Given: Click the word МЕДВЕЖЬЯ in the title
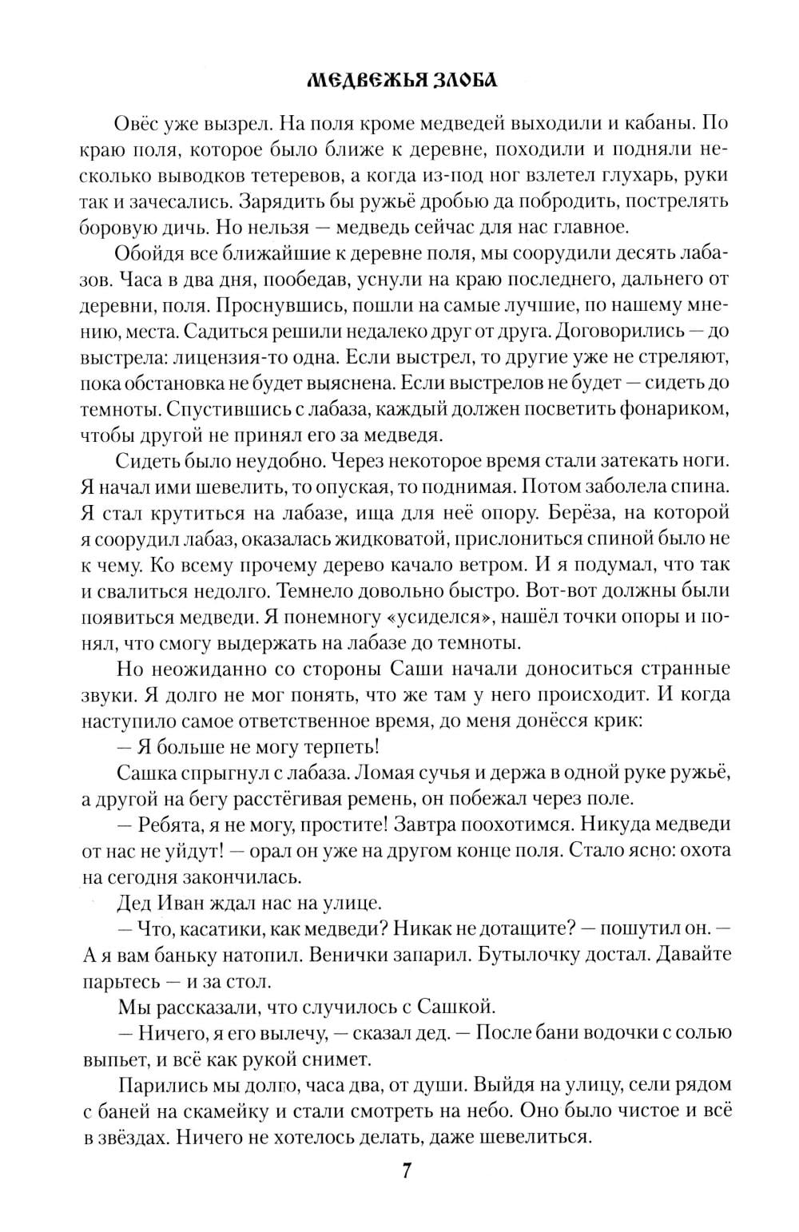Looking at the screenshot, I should coord(353,81).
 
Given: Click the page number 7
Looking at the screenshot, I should coord(407,1171).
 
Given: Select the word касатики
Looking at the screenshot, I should coord(222,929).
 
